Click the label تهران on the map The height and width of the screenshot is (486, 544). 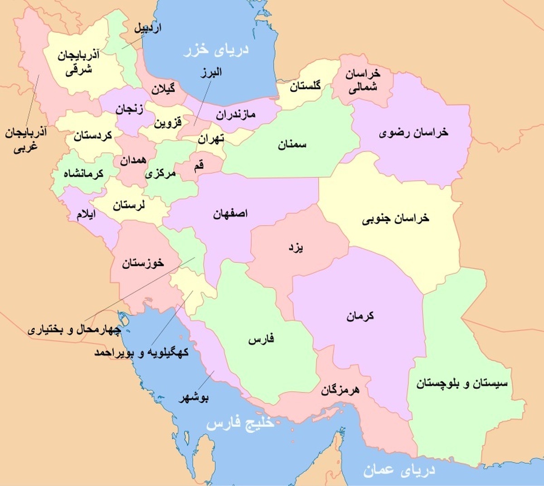(210, 139)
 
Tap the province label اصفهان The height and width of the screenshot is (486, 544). (230, 214)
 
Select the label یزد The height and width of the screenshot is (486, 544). (296, 247)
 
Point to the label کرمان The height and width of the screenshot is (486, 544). (360, 316)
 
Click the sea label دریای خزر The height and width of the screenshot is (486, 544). (216, 49)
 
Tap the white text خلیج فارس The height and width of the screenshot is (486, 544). (240, 424)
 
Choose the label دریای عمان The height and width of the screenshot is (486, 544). (399, 470)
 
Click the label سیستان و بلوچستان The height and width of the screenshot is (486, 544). (462, 384)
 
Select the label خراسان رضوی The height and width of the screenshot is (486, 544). (413, 133)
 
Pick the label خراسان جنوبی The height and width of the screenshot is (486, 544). (395, 219)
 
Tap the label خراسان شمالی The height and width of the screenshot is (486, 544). (363, 80)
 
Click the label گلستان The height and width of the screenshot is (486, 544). (305, 85)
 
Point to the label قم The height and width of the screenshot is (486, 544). (199, 166)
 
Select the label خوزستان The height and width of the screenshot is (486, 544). (143, 263)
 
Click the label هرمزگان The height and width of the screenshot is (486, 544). (340, 389)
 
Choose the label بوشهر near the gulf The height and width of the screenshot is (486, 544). (194, 398)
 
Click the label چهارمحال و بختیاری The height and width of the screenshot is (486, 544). (74, 329)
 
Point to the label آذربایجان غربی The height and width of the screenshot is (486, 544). (26, 140)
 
